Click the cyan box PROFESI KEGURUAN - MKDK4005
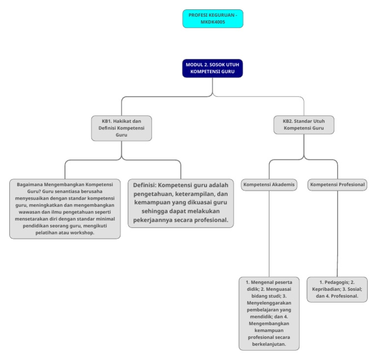coord(213,19)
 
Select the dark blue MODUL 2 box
coord(213,68)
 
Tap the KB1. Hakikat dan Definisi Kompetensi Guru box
coord(121,128)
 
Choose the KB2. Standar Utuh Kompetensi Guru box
coord(304,125)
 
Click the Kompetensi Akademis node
coord(269,185)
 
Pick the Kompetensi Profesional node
coord(338,185)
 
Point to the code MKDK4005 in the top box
coord(213,22)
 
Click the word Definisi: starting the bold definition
coord(144,185)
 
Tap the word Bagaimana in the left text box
coord(31,184)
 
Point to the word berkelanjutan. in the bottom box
coord(269,345)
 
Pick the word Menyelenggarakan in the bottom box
coord(269,303)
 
